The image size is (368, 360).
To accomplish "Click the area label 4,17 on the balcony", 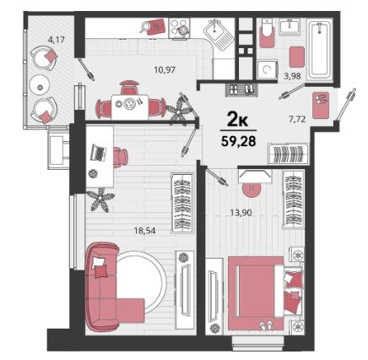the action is point(57,40).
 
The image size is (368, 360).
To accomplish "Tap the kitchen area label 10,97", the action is point(165,69).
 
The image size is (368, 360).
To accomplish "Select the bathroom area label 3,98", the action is point(292,76).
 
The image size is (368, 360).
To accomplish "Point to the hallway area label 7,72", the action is point(297,119).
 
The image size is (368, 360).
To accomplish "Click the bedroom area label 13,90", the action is point(241,212).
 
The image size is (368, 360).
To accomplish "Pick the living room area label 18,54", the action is point(144,231).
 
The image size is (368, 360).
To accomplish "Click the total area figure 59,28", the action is point(238,141).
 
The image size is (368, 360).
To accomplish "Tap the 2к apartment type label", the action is point(238,122).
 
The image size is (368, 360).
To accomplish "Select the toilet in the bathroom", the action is point(267,33).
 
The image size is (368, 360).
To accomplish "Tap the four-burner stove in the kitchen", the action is point(179,29).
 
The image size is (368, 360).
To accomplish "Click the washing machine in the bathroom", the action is point(267,69).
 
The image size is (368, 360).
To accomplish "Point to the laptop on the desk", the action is point(98,152).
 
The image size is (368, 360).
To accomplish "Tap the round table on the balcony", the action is point(41,87).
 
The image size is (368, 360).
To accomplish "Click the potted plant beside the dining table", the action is point(178,111).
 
